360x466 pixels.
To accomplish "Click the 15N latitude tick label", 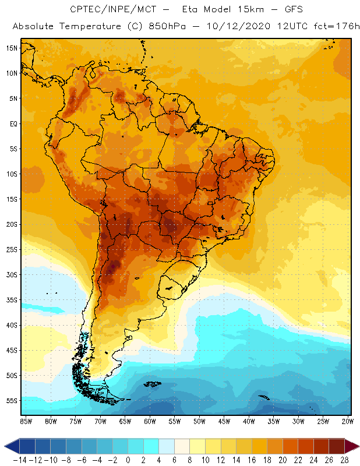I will (x=12, y=48).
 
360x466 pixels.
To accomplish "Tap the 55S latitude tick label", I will (x=12, y=401).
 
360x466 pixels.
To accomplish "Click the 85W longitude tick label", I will (x=26, y=421).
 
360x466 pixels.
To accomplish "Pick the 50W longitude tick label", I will (x=200, y=421).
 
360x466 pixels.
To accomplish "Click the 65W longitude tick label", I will (x=125, y=421).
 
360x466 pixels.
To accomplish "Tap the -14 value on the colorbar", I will (x=20, y=460).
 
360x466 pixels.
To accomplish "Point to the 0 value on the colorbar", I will (x=128, y=460).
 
